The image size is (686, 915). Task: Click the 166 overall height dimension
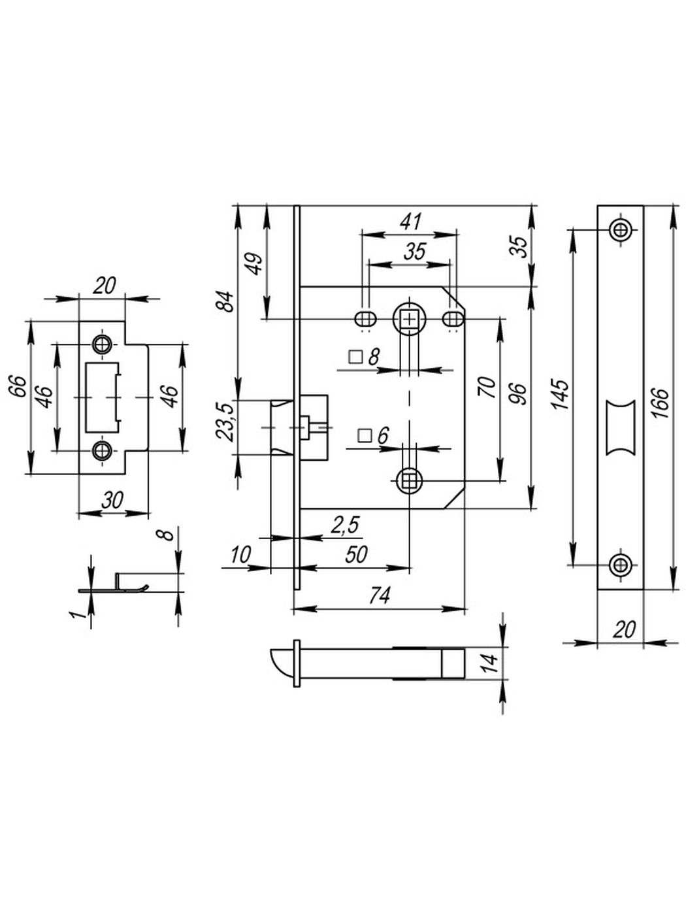coord(660,403)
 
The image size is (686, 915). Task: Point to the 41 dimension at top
coord(411,222)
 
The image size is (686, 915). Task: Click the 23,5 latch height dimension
coord(225,422)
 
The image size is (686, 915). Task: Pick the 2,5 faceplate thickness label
coord(344,525)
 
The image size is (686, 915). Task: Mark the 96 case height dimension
coord(521,394)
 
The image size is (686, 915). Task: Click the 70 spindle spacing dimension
coord(488,388)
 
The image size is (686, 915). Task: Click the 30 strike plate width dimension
coord(112,500)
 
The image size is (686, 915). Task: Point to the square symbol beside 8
coord(355,358)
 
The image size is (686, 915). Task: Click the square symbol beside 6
coord(365,436)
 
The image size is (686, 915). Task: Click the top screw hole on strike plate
coord(101,344)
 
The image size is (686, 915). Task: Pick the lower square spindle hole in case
coord(410,480)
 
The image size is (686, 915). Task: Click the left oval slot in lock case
coord(365,320)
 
